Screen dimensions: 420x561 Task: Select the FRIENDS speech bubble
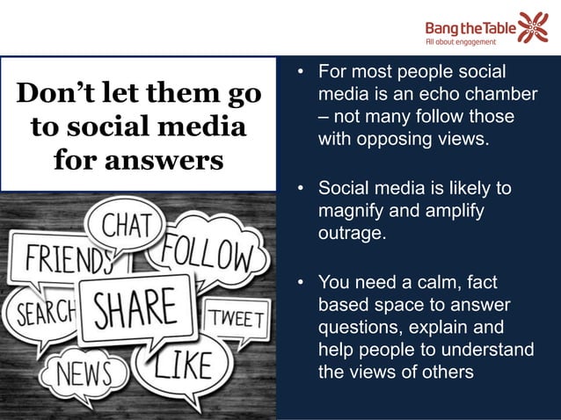point(59,260)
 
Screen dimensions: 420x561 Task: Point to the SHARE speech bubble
point(135,308)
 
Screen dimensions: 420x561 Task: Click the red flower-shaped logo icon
point(532,27)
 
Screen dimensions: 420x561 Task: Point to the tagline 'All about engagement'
point(459,40)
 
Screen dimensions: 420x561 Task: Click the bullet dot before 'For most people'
point(301,70)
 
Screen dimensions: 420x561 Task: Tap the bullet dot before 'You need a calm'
point(301,282)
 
